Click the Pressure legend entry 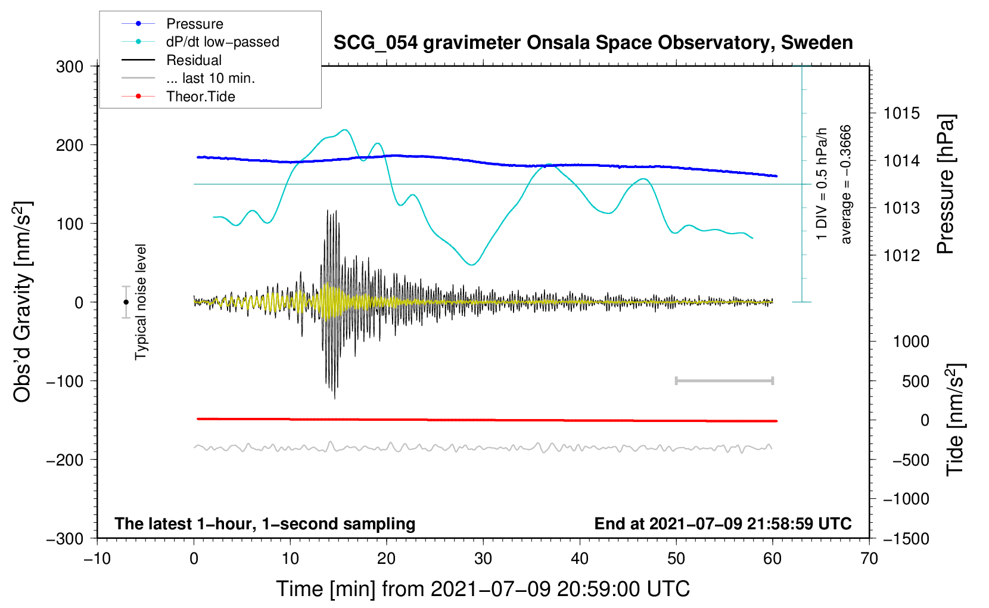pos(173,23)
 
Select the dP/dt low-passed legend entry pos(200,42)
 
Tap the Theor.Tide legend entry pos(178,97)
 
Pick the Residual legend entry pos(172,60)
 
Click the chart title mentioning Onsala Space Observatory pos(593,43)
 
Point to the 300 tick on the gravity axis pos(70,67)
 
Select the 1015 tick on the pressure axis pos(901,114)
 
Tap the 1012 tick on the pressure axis pos(901,255)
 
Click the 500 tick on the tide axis pos(915,381)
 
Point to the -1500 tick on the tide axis pos(906,539)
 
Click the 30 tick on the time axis pos(483,559)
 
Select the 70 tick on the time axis pos(869,559)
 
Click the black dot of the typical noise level pos(126,302)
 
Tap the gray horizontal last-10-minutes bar pos(724,381)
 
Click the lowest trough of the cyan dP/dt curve pos(472,265)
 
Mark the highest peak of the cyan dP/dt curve pos(345,129)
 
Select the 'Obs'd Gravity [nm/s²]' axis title pos(23,302)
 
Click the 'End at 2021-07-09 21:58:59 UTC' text pos(723,524)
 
